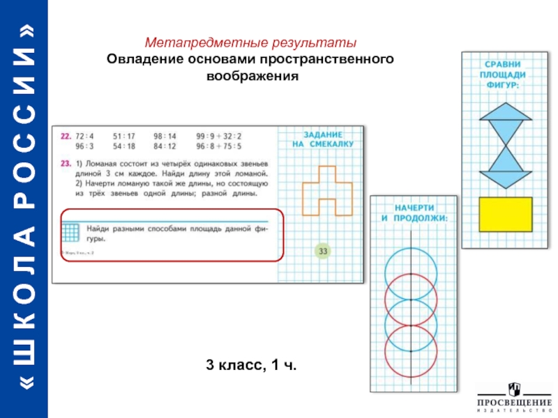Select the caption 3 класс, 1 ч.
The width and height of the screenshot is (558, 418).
[251, 364]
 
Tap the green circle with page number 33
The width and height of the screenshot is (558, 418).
[322, 251]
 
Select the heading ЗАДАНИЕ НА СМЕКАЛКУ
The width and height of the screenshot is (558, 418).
[322, 139]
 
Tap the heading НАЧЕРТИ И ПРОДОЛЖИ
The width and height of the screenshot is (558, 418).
[414, 213]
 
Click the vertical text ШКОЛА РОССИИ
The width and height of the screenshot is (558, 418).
[24, 209]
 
